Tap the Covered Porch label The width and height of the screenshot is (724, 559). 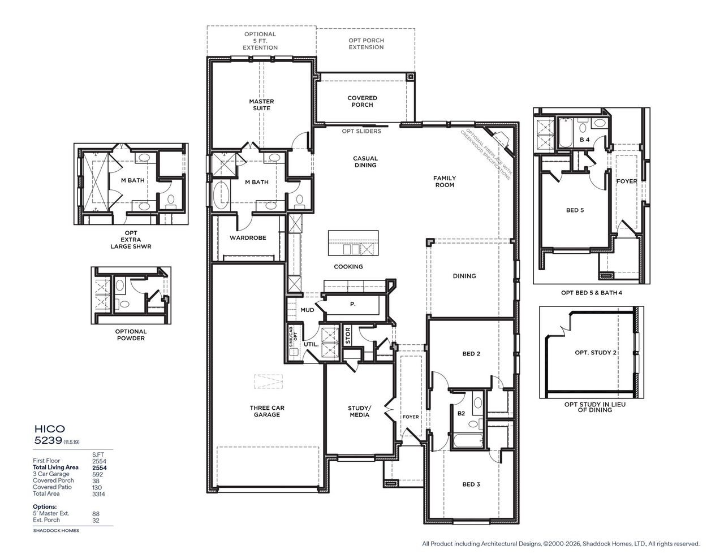click(362, 101)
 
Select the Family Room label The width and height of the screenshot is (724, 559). click(445, 181)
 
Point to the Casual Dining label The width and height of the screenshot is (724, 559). click(365, 162)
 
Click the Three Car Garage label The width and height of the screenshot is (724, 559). click(266, 411)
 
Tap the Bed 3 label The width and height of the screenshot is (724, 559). click(471, 484)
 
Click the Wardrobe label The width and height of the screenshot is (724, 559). click(248, 238)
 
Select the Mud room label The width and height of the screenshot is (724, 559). click(307, 310)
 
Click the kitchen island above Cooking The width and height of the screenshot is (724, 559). click(353, 243)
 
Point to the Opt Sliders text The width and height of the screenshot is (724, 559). click(361, 131)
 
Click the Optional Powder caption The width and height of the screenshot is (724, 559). click(131, 335)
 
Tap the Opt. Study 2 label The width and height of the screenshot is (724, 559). click(596, 353)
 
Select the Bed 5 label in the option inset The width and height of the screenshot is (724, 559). click(575, 210)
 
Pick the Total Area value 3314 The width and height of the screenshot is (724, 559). click(98, 494)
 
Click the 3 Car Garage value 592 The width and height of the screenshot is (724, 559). click(98, 474)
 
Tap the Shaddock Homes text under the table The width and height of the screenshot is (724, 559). click(55, 531)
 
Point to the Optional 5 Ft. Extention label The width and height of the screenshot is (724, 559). click(260, 41)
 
